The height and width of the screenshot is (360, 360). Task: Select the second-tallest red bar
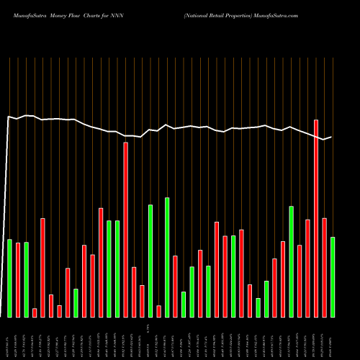coord(125,230)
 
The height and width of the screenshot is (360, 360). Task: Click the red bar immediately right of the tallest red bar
coord(325,267)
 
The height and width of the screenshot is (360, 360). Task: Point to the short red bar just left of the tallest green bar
coord(158,311)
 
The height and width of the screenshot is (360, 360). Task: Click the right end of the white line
coord(331,137)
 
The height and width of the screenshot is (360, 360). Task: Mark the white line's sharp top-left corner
coord(9,117)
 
